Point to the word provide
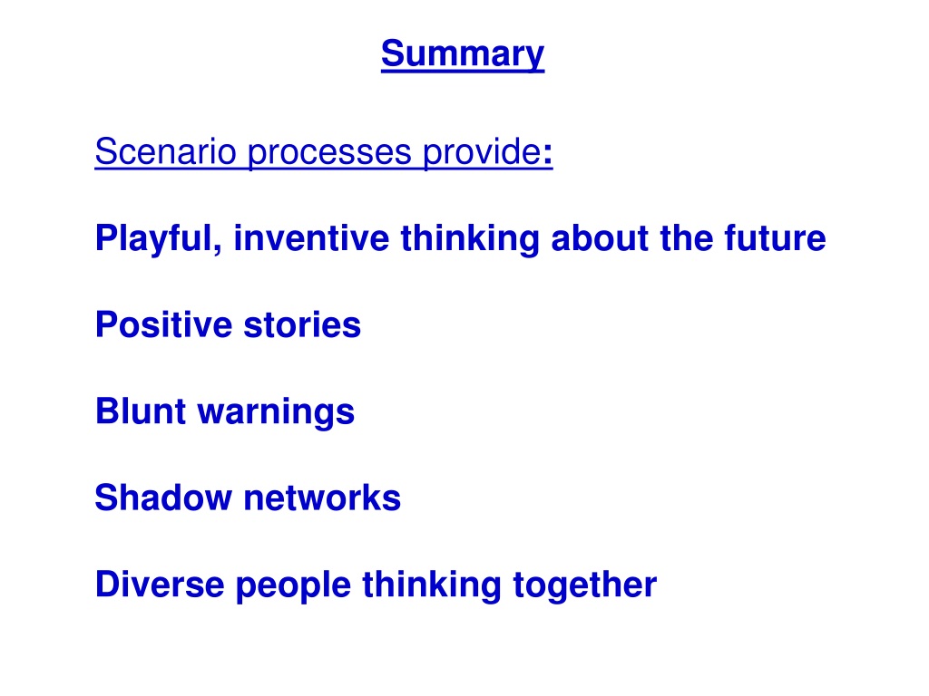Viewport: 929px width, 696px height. (x=482, y=152)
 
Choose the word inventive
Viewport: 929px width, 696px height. (x=312, y=238)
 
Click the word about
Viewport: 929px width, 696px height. (x=600, y=238)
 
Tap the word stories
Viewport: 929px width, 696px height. (x=302, y=324)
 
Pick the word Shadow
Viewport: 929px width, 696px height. (x=163, y=498)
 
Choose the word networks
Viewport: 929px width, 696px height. (x=322, y=498)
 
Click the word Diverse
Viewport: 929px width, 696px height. (x=160, y=585)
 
